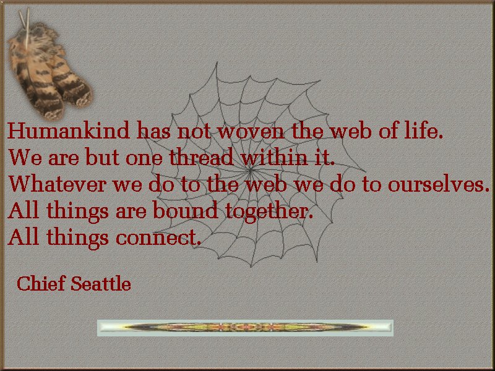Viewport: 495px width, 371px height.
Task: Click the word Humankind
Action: [x=69, y=130]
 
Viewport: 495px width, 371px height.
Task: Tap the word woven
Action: [x=251, y=132]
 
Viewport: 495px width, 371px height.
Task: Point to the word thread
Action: [x=202, y=157]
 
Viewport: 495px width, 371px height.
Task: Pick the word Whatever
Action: [x=57, y=184]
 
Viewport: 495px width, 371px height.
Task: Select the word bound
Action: [x=186, y=210]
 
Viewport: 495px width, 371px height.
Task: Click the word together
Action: [x=269, y=211]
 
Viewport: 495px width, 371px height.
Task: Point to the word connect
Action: [x=158, y=237]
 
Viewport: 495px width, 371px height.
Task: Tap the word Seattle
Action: [x=101, y=283]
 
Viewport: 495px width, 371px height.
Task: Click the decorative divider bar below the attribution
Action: [x=245, y=328]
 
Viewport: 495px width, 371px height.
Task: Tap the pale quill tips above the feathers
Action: [x=25, y=20]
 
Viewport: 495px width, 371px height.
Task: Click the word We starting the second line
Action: [x=25, y=157]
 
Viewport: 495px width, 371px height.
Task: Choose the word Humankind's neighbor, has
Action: [x=153, y=130]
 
